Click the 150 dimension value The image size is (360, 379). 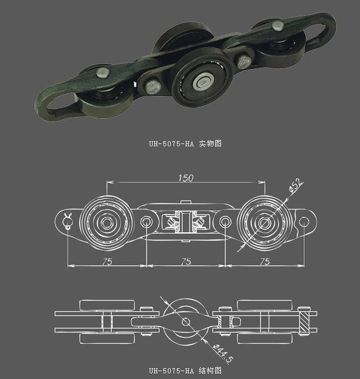pyautogui.click(x=185, y=178)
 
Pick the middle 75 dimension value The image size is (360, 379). pyautogui.click(x=185, y=261)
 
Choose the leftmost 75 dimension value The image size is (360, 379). pyautogui.click(x=107, y=261)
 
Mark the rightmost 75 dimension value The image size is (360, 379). pyautogui.click(x=264, y=261)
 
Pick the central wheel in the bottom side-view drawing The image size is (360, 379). pyautogui.click(x=185, y=321)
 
